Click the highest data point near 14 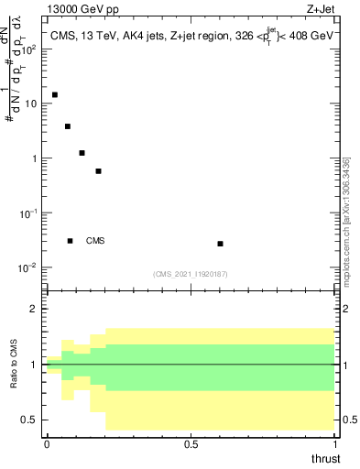coord(55,95)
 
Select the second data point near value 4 coord(68,126)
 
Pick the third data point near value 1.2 coord(82,153)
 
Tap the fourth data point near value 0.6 coord(98,171)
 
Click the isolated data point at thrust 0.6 coord(220,244)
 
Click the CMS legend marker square coord(70,241)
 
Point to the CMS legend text coord(95,241)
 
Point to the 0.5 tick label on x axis coord(191,443)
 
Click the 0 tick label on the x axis coord(47,443)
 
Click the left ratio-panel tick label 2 coord(36,310)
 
